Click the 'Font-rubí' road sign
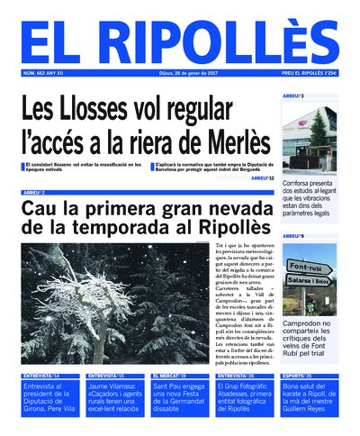pos(308,268)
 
